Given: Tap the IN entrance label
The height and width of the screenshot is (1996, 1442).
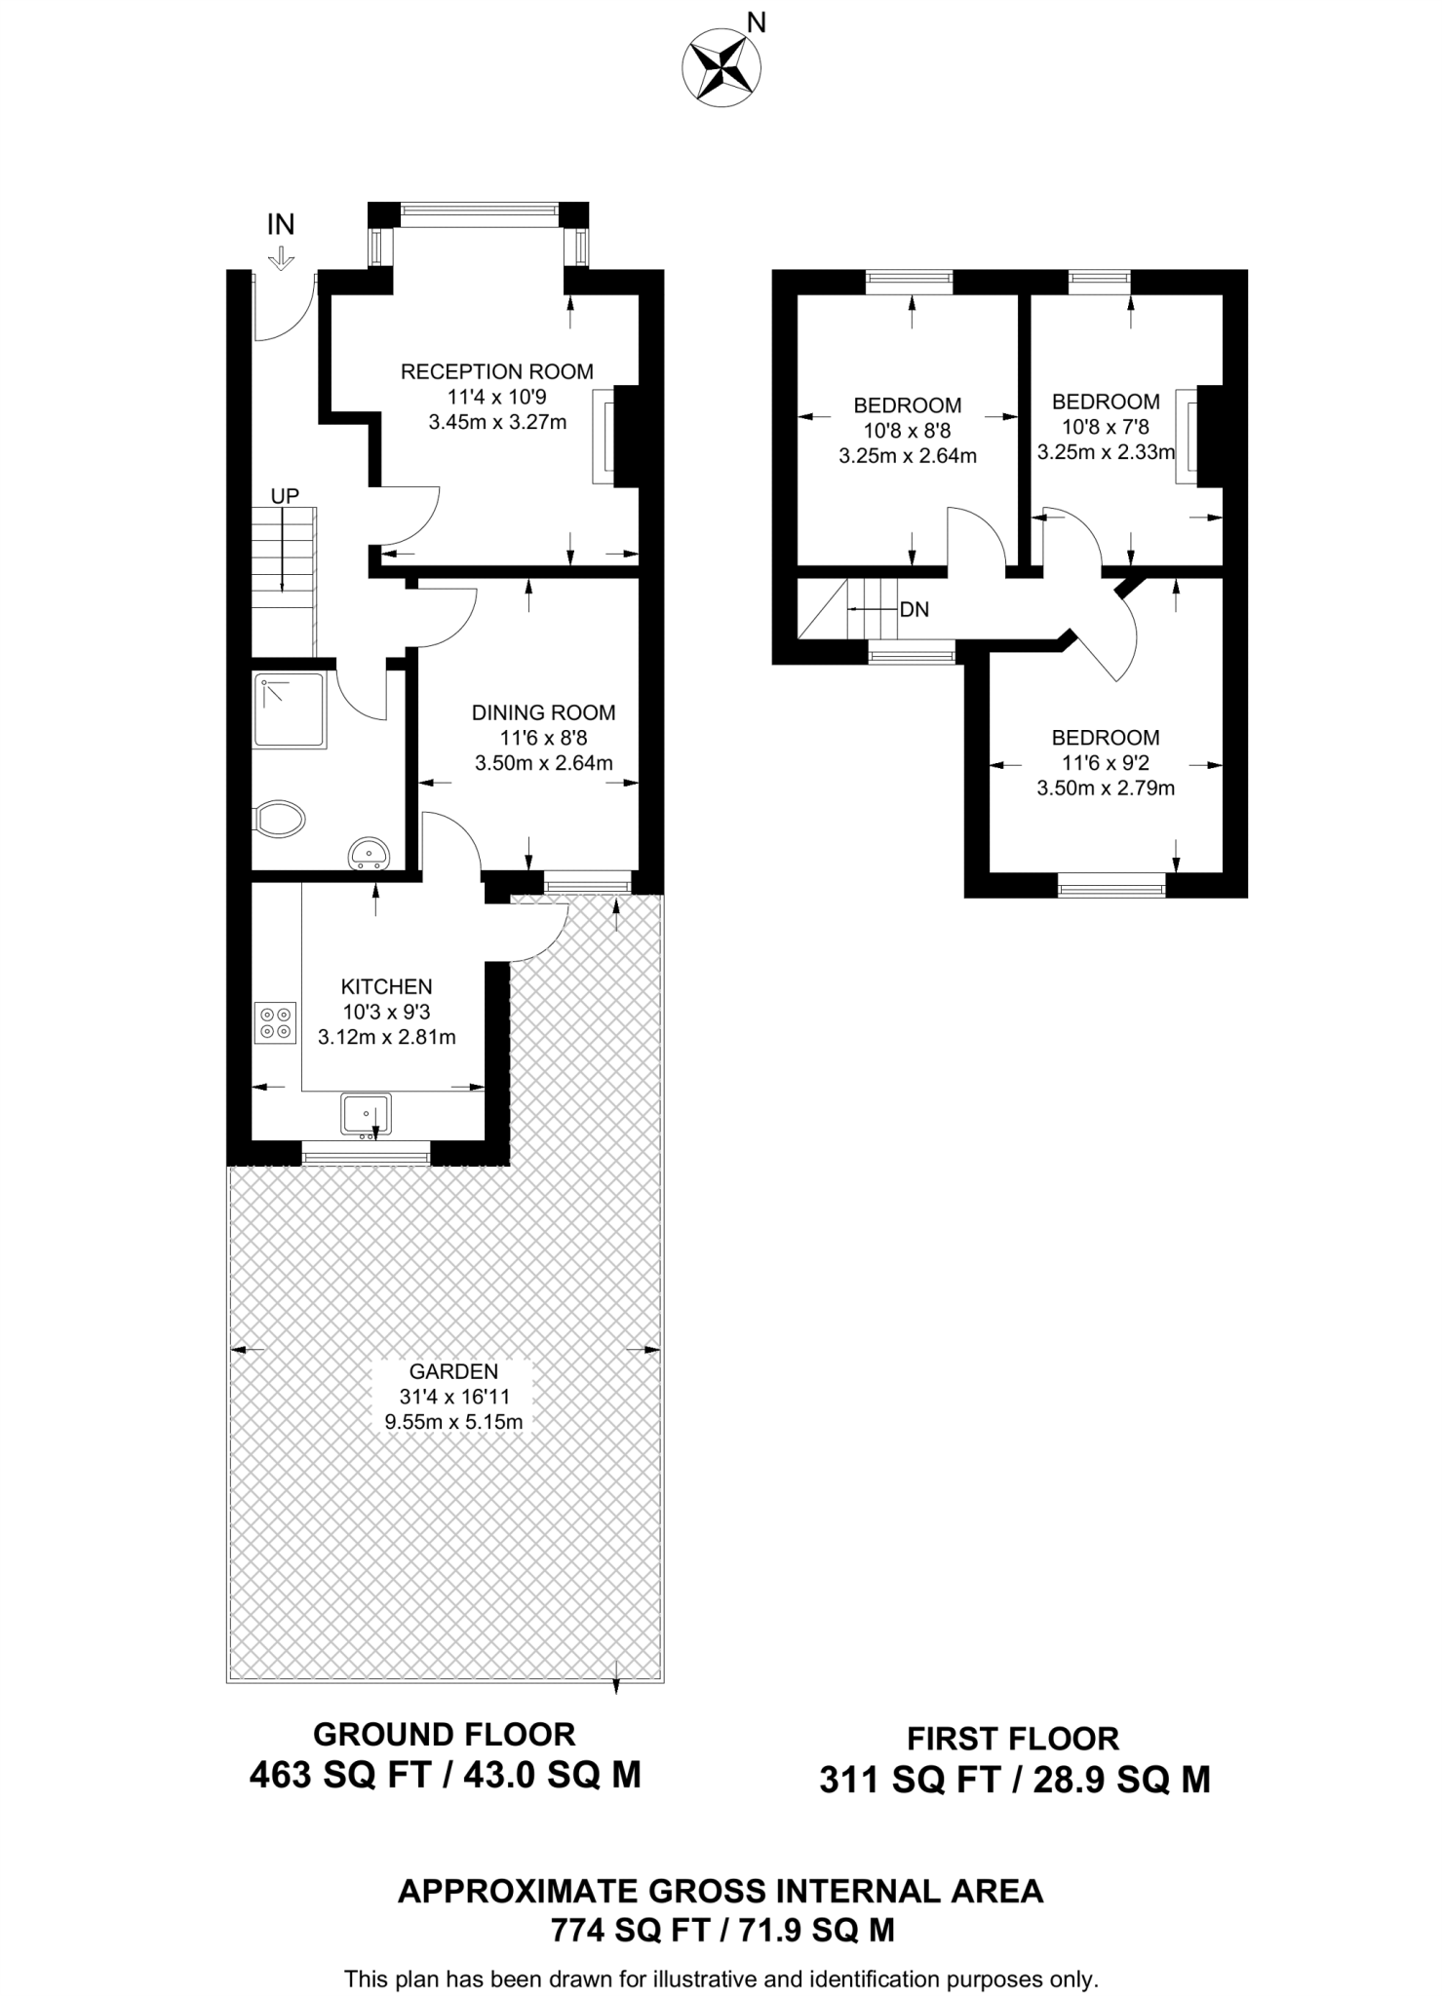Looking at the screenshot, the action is click(x=281, y=225).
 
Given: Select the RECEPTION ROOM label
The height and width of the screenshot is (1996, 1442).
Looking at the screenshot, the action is click(x=497, y=371).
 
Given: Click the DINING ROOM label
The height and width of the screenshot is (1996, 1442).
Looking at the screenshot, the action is click(x=544, y=712).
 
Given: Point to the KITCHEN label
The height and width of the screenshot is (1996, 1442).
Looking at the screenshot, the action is click(x=387, y=986).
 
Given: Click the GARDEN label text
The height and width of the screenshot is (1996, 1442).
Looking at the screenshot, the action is click(x=454, y=1371).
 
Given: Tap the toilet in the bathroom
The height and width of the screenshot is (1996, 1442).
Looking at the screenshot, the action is click(x=279, y=819).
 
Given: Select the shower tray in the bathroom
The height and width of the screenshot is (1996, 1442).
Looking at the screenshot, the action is click(x=290, y=710).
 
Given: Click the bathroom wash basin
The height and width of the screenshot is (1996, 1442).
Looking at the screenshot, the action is click(x=369, y=852).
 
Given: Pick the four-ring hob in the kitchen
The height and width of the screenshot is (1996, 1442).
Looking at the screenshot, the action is click(x=275, y=1022).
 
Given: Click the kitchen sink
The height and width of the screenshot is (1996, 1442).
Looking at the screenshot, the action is click(x=366, y=1113).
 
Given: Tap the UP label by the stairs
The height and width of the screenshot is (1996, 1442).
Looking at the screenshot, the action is click(x=285, y=496).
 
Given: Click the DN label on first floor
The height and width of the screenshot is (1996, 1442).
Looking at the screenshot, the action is click(x=915, y=610).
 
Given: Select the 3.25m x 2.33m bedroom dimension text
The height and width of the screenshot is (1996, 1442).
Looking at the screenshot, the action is click(x=1106, y=452).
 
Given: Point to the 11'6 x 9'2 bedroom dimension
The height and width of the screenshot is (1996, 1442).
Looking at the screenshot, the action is click(x=1106, y=763).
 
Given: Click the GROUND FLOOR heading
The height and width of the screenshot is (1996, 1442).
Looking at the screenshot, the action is click(x=445, y=1734).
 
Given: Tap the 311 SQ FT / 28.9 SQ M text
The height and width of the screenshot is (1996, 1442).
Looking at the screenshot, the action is click(x=1015, y=1781).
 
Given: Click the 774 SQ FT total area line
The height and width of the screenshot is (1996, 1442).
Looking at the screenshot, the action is click(x=722, y=1930).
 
